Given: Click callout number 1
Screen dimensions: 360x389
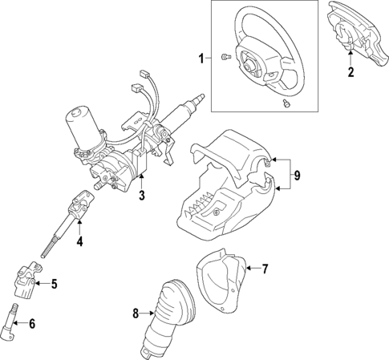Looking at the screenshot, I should pos(201,58).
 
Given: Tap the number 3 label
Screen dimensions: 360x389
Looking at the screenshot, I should pos(141,196).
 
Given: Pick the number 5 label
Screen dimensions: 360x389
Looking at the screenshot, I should pos(55,283).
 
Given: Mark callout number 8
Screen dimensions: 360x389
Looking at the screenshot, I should pos(136,313).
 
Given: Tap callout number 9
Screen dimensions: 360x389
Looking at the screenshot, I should pos(295,175).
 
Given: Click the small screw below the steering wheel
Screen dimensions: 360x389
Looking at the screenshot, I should pos(287,103).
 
